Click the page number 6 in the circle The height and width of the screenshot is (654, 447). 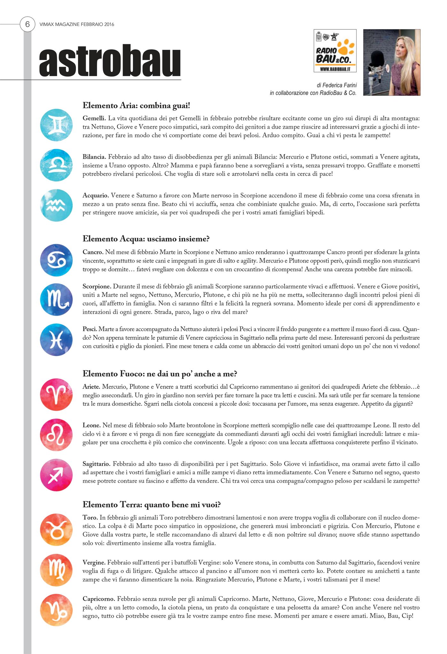(x=27, y=24)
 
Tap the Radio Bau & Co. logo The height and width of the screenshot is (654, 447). (x=335, y=51)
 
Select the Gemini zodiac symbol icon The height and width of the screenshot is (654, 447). (x=56, y=125)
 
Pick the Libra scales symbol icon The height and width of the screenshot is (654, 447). (x=56, y=165)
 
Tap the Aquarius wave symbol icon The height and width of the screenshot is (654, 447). (x=56, y=205)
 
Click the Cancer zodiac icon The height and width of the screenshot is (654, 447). (x=56, y=260)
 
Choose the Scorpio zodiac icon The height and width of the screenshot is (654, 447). (x=56, y=300)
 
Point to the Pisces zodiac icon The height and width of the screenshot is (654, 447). (x=56, y=339)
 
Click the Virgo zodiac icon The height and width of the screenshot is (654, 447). (x=56, y=570)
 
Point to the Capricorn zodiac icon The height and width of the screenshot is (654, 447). (x=56, y=610)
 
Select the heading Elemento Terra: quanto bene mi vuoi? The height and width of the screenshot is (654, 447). (x=152, y=504)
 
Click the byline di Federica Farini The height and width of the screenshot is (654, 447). (x=337, y=85)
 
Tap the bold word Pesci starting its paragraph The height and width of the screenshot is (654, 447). (x=90, y=329)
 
